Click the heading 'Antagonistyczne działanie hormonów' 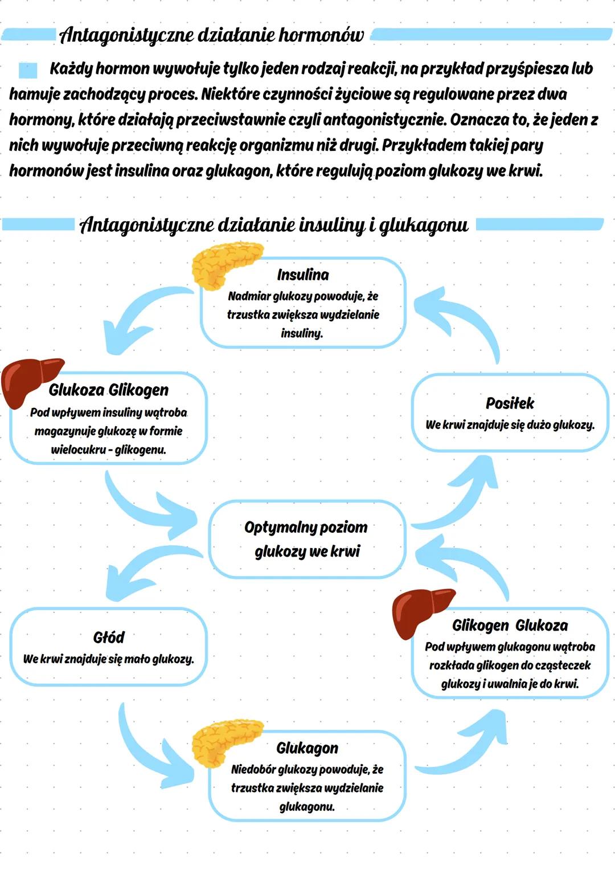[x=211, y=35]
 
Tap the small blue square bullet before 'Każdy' [x=27, y=70]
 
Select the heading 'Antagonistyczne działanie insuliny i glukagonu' [x=274, y=225]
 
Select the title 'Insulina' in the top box [x=303, y=275]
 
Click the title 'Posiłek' [x=510, y=403]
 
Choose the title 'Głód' [x=108, y=637]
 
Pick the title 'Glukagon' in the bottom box [x=307, y=748]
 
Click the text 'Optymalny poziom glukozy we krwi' [x=306, y=539]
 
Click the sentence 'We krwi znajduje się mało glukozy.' [x=108, y=659]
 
